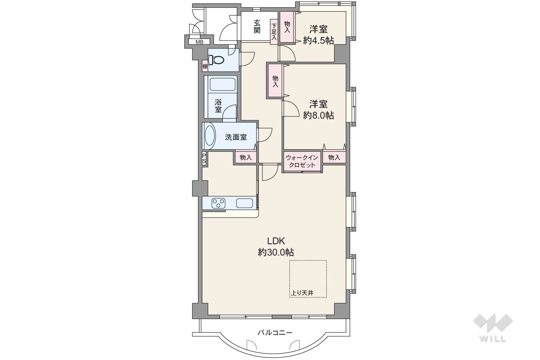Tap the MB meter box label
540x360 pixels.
(x=199, y=42)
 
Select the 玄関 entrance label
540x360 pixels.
(x=257, y=26)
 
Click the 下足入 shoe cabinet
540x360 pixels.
(x=274, y=32)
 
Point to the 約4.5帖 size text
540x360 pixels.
(x=319, y=41)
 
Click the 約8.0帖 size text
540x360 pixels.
(x=319, y=116)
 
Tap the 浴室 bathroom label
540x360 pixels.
(x=218, y=106)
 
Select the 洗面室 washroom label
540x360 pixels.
(x=236, y=137)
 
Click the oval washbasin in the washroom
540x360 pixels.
(x=210, y=136)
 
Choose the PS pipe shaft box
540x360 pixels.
(x=204, y=158)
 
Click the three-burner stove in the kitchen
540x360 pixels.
(x=218, y=203)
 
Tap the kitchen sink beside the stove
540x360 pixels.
(x=244, y=203)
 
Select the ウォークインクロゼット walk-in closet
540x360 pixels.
(x=302, y=161)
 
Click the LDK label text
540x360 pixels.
(x=276, y=241)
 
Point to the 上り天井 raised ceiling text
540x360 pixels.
(x=302, y=293)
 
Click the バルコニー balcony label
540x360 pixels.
(x=275, y=333)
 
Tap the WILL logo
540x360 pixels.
(x=493, y=328)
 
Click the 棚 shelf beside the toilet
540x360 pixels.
(x=205, y=67)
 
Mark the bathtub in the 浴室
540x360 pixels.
(x=222, y=84)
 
